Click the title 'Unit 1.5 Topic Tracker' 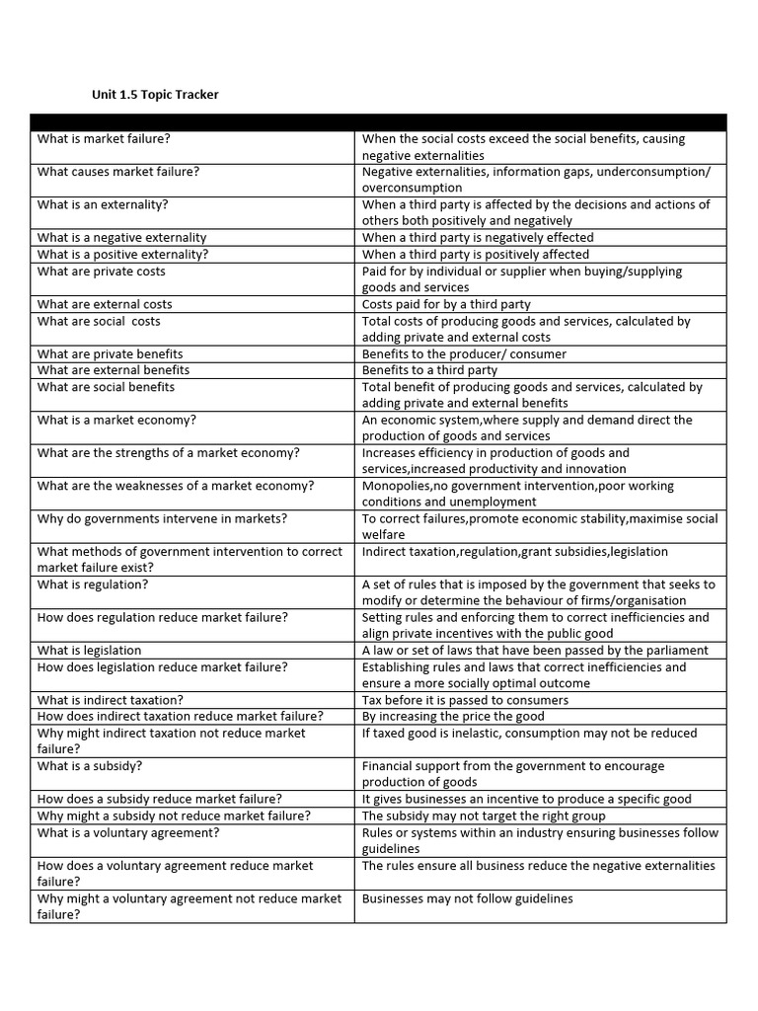(x=155, y=95)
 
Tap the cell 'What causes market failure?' (x=118, y=172)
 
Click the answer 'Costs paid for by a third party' (x=446, y=304)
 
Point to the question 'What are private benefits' (x=110, y=353)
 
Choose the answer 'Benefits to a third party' (x=429, y=370)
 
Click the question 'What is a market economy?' (x=116, y=420)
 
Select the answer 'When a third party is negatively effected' (x=478, y=238)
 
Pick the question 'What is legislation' (x=89, y=651)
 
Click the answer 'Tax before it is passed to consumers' (x=465, y=700)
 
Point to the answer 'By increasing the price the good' (x=453, y=717)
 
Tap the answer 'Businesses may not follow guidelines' (x=467, y=898)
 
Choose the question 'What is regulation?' (x=93, y=584)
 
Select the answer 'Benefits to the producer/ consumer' (x=464, y=353)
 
